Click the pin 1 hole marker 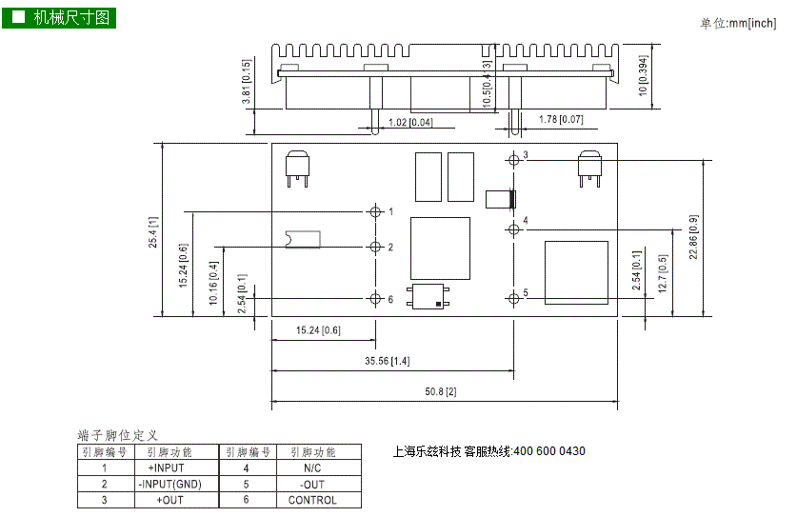point(375,211)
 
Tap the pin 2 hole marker point(375,247)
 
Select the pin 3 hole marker point(513,160)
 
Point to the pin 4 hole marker point(513,229)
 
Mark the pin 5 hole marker point(513,298)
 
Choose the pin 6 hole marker point(375,298)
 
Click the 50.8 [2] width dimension point(441,391)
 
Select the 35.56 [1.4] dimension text point(387,361)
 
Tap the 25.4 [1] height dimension point(153,232)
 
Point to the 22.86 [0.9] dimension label point(693,237)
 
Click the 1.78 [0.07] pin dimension point(561,119)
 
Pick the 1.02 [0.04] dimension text point(410,123)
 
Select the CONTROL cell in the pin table point(312,500)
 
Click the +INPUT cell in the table point(167,467)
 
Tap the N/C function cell point(312,467)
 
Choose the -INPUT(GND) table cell point(170,484)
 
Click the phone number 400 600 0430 point(549,451)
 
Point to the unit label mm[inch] point(753,24)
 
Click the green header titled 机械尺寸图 point(59,18)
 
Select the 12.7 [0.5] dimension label point(663,273)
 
